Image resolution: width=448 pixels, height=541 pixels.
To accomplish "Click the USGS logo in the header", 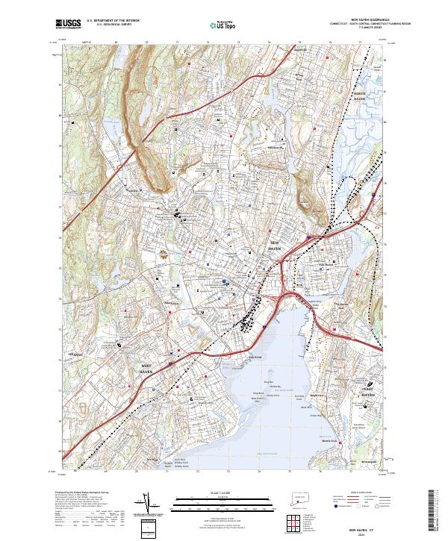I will [x=68, y=24].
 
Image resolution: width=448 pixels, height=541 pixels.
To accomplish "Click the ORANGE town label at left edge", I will [x=75, y=354].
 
